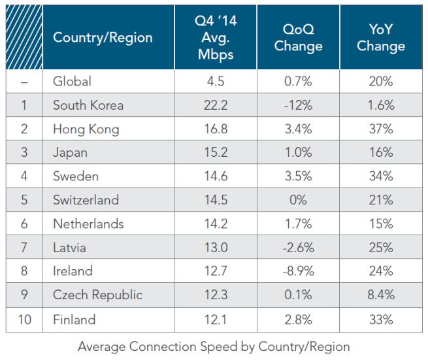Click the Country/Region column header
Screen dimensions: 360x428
point(103,37)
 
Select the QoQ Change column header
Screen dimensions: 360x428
point(298,38)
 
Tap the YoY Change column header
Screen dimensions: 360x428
point(380,38)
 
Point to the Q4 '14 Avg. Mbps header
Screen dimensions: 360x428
point(215,37)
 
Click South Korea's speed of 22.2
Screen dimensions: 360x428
point(215,105)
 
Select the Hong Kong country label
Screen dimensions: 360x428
point(86,129)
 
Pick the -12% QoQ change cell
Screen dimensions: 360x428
point(298,105)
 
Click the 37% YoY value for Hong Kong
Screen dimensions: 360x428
point(380,129)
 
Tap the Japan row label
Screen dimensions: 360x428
point(71,153)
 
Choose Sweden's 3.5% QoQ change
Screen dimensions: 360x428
point(298,176)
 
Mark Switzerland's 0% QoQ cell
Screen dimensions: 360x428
point(298,200)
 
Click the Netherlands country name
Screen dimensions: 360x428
point(88,224)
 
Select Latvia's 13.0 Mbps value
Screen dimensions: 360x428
point(215,248)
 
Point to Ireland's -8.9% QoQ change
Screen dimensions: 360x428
point(298,271)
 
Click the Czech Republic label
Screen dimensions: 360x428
point(97,295)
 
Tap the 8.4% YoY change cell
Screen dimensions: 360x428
point(380,295)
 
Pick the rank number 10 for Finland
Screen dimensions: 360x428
point(24,319)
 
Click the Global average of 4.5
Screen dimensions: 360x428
point(215,82)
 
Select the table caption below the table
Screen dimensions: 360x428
point(214,346)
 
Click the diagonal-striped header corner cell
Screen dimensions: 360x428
point(24,37)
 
